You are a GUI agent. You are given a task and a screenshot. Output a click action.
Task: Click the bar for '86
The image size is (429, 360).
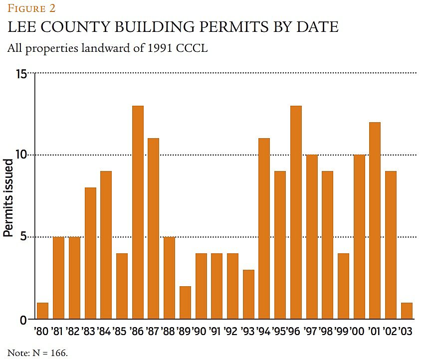[138, 212]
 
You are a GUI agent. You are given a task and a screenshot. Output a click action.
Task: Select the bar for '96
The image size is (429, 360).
[296, 212]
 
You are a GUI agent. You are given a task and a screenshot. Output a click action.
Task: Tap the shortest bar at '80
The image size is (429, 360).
[43, 311]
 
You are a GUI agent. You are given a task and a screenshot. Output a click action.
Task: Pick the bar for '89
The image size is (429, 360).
[185, 302]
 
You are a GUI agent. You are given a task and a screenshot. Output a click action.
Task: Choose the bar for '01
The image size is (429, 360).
[375, 220]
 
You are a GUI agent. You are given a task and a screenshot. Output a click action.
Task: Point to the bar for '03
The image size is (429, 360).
[407, 311]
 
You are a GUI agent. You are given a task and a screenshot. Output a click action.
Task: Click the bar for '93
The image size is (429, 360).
[248, 294]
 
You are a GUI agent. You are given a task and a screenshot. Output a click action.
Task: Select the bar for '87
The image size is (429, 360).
[154, 228]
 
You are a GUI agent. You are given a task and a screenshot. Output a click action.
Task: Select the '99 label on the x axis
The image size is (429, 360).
[343, 332]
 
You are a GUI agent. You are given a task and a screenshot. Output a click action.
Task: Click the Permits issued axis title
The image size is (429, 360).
[8, 197]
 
